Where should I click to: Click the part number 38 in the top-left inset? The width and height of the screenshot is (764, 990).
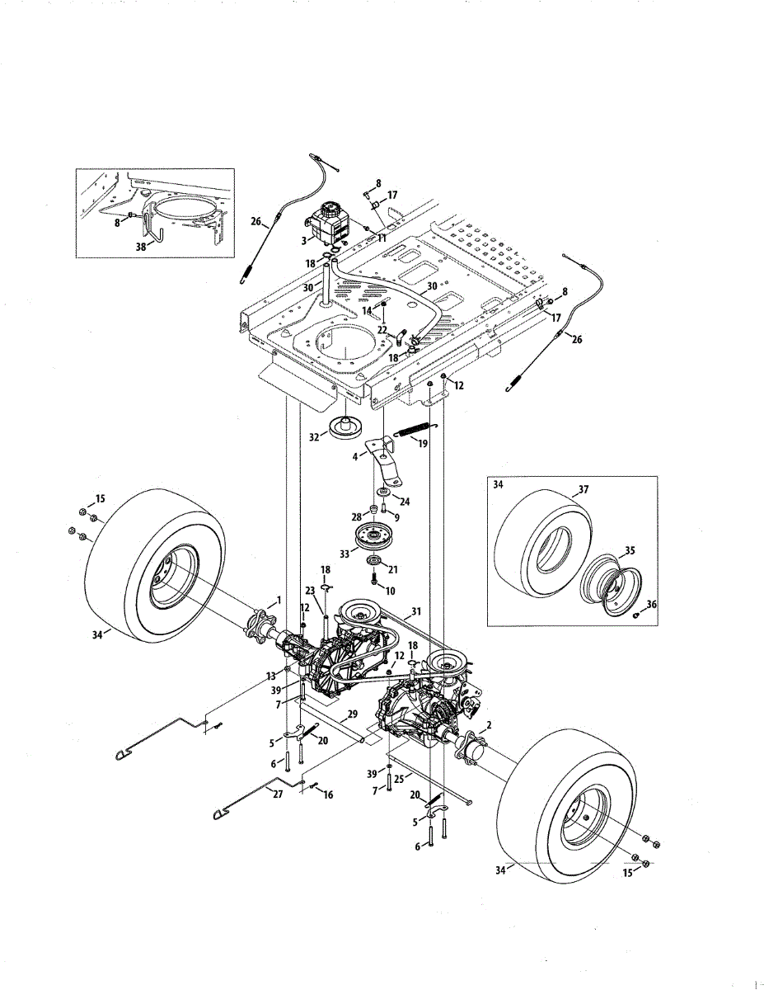tap(140, 245)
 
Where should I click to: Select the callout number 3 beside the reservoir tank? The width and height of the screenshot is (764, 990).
tap(304, 240)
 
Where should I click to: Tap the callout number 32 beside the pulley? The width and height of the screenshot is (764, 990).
tap(314, 437)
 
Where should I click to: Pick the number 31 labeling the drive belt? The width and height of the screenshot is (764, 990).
tap(416, 611)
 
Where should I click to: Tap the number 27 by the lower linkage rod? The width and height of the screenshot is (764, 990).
tap(278, 794)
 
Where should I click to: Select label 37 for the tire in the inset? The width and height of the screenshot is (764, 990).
tap(584, 489)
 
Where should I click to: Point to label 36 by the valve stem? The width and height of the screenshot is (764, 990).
tap(652, 604)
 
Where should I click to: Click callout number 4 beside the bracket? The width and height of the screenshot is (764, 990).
tap(355, 456)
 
